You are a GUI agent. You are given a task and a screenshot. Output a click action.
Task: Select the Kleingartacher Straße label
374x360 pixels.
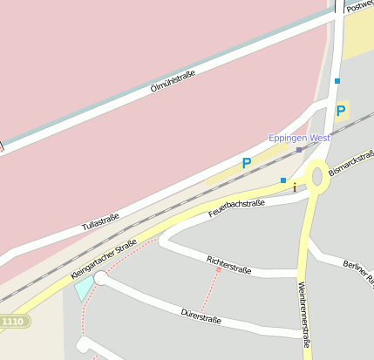coord(103,259)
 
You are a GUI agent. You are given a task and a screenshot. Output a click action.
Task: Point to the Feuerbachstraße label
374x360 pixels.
coord(236,209)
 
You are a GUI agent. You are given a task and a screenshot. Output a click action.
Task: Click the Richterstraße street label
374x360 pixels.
coord(229,265)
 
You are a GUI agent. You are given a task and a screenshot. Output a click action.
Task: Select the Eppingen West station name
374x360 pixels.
coord(299,138)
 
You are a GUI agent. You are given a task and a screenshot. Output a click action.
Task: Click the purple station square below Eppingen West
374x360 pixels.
coord(299,150)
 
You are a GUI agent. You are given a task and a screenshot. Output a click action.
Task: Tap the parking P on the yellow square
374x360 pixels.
coord(340,112)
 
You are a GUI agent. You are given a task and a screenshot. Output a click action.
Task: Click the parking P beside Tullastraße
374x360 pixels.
coord(247,162)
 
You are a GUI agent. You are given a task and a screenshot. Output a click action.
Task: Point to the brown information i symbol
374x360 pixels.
coord(295,187)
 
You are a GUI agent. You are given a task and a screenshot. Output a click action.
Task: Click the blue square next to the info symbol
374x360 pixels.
coord(283,180)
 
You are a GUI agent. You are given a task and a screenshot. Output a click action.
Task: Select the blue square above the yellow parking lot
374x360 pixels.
coord(337,81)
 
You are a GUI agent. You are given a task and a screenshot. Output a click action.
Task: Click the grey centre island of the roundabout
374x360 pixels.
coord(317,177)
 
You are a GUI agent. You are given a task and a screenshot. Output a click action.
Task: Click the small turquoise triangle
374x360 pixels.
coord(84,289)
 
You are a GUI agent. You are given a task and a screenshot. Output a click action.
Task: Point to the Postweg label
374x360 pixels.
coord(359,6)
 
